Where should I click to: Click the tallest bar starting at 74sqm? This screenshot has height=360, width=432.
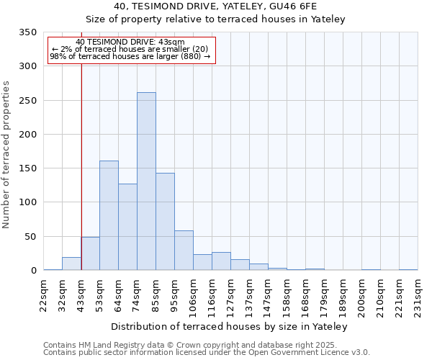(x=146, y=181)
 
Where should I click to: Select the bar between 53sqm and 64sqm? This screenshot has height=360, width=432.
(x=109, y=215)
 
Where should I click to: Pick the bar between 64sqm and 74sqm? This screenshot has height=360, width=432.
(x=127, y=227)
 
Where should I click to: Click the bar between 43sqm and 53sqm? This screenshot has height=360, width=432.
(x=90, y=253)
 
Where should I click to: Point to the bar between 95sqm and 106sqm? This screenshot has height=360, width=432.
(x=184, y=251)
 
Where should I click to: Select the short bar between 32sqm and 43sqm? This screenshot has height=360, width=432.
(x=71, y=264)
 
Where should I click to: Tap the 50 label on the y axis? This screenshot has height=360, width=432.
(x=30, y=236)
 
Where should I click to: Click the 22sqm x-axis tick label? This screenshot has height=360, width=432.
(x=44, y=294)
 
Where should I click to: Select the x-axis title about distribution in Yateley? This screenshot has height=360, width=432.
(x=230, y=326)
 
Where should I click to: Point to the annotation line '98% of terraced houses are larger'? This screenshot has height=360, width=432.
(x=130, y=56)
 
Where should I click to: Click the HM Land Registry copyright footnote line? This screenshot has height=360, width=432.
(x=205, y=345)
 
